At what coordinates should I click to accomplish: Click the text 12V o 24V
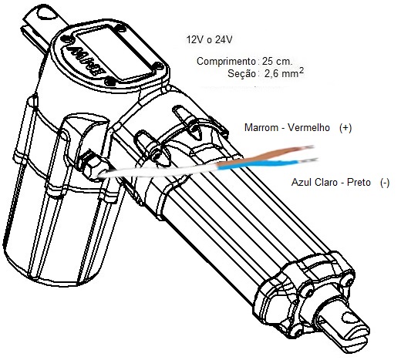(x=209, y=40)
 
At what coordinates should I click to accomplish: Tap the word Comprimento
(x=226, y=62)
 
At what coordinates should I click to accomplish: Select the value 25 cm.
(x=277, y=61)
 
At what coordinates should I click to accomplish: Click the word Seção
(x=241, y=74)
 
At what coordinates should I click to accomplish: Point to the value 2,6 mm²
(x=284, y=73)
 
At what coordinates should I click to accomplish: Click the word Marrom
(x=261, y=127)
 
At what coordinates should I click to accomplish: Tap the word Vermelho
(x=308, y=127)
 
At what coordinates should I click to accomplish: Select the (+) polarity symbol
(x=345, y=128)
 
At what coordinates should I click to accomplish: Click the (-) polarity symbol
(x=385, y=183)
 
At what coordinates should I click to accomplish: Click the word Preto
(x=359, y=183)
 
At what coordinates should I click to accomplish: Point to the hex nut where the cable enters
(x=91, y=165)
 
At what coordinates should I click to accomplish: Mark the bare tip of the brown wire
(x=308, y=147)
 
